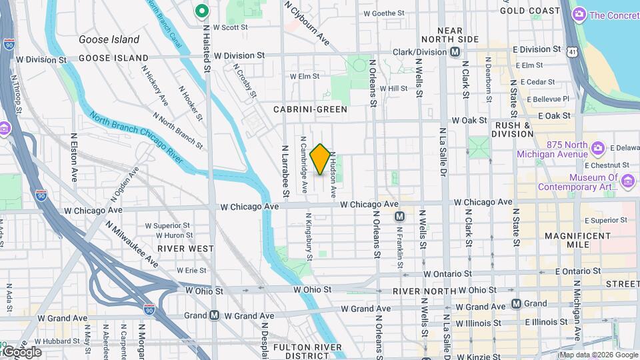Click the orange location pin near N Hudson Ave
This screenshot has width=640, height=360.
tap(320, 159)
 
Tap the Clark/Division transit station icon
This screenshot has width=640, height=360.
tap(455, 51)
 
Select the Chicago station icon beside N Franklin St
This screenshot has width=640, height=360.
tap(399, 216)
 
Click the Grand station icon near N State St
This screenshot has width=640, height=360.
tap(516, 303)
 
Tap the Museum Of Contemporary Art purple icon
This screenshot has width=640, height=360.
tap(627, 181)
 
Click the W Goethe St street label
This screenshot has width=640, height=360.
tap(383, 13)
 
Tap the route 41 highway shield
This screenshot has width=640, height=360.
tap(573, 51)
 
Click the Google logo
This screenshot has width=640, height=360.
tap(21, 352)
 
